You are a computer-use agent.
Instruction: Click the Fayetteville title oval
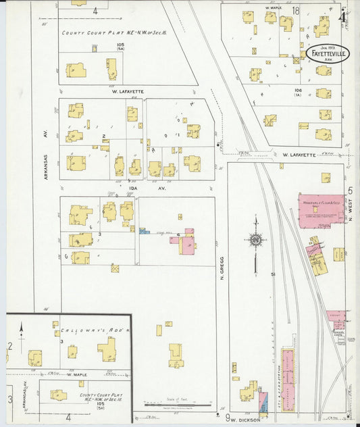tap(328, 53)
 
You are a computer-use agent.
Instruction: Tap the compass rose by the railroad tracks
tap(255, 239)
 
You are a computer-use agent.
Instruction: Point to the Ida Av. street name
tap(138, 188)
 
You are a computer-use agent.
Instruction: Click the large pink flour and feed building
tap(320, 210)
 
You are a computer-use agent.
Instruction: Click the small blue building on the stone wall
tap(145, 232)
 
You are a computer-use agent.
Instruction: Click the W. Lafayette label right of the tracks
tap(299, 155)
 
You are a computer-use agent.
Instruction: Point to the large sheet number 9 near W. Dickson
tap(228, 418)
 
